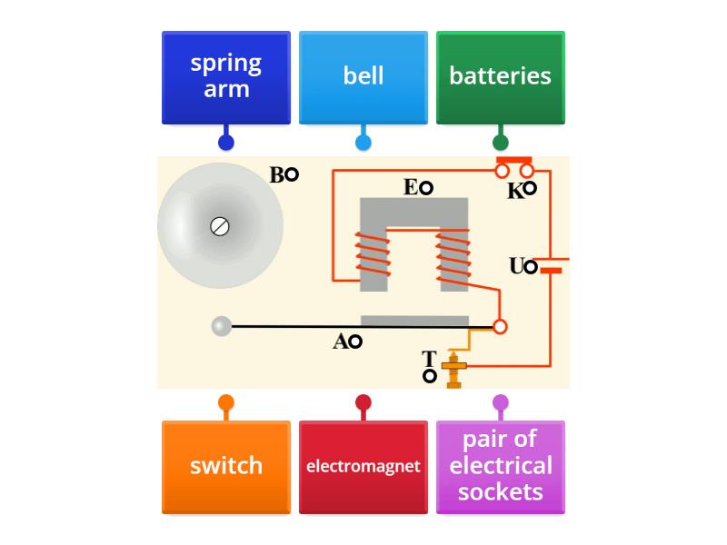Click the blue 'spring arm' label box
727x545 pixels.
226,77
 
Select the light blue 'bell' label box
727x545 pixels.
363,77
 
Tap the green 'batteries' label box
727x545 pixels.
501,77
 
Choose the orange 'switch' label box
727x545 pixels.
226,467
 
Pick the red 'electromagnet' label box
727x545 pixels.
363,467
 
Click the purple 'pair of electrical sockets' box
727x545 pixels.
501,467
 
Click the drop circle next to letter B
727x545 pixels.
292,175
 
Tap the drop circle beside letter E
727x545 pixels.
425,188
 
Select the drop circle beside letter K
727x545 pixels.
530,189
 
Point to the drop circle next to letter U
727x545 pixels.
532,267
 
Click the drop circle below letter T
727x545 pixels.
429,376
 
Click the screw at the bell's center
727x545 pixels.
219,225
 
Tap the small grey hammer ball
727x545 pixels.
222,326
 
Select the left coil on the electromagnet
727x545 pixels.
373,257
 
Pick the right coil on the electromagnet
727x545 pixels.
453,257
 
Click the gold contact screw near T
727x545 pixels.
453,368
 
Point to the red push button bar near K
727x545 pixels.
513,160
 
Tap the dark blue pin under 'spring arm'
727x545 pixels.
226,142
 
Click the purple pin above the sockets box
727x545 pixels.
501,402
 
